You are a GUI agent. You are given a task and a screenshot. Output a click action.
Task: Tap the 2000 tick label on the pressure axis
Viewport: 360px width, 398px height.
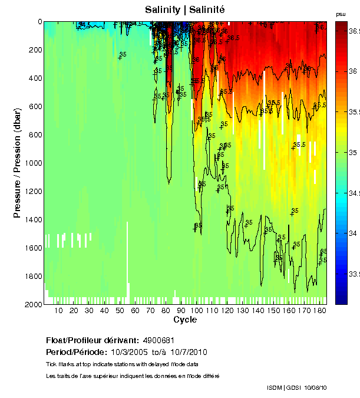[x=32, y=304]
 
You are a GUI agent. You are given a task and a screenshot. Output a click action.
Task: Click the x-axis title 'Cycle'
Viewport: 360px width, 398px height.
[x=185, y=320]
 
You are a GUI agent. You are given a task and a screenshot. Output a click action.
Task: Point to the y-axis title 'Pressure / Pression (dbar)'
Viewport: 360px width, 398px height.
[x=17, y=163]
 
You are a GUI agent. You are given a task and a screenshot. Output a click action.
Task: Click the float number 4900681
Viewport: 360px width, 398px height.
[x=158, y=341]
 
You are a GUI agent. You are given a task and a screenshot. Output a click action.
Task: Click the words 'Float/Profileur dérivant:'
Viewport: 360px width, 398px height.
[x=91, y=341]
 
